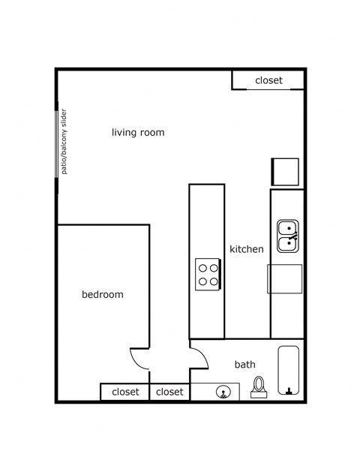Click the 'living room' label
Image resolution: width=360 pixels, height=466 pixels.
138,133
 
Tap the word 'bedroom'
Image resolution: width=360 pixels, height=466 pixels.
102,295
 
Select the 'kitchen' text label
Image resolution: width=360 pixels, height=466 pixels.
246,249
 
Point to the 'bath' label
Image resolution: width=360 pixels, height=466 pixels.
245,365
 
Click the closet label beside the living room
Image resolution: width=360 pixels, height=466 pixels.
268,80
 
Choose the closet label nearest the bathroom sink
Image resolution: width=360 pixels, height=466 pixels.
170,392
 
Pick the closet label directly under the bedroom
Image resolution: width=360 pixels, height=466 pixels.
125,392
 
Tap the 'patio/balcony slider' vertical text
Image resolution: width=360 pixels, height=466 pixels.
64,142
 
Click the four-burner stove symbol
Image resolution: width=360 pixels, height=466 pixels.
208,274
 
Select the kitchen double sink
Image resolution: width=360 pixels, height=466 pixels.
287,236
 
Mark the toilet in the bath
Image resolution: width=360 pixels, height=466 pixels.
259,386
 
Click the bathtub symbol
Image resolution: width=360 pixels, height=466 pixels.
289,370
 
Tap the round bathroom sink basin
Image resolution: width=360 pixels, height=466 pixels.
223,392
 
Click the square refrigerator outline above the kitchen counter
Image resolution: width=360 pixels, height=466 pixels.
286,172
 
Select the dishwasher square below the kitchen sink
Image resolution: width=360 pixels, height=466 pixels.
285,278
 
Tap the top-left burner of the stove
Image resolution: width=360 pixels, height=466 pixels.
202,267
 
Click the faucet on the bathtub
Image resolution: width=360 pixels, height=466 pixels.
289,389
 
